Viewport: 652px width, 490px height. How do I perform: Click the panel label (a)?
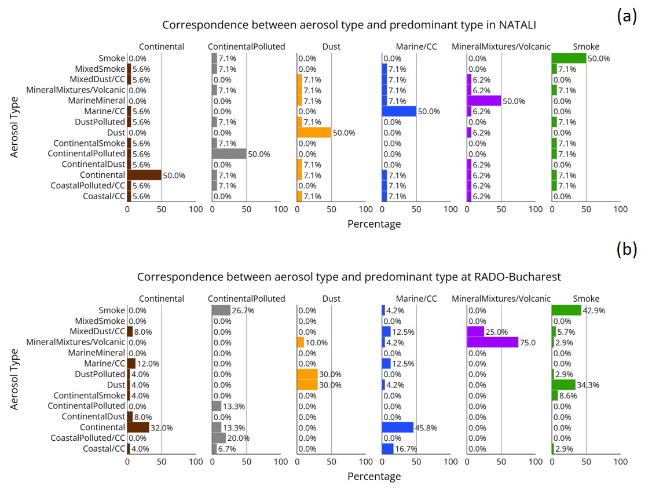pos(627,17)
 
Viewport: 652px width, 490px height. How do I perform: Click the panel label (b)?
pos(627,249)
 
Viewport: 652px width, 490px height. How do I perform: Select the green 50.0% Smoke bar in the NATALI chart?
pos(569,58)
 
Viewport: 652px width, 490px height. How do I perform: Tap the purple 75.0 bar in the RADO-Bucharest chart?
pos(492,342)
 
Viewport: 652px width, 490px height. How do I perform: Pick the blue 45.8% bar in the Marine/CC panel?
pos(397,427)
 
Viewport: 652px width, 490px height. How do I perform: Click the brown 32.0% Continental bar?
pos(138,427)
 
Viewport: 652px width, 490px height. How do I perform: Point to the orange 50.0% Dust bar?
pos(314,133)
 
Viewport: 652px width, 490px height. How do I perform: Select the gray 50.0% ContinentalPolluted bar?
pos(229,153)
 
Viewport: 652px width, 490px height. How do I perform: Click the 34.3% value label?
pos(588,385)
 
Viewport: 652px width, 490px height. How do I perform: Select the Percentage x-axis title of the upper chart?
pos(374,224)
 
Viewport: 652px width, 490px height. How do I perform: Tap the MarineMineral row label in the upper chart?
pos(96,101)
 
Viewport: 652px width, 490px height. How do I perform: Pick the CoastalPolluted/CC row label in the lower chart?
pos(87,438)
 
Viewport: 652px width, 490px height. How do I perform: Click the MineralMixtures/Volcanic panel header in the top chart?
pos(501,46)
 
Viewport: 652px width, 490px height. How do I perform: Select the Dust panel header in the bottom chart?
pos(331,299)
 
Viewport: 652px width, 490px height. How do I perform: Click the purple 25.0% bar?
pos(475,331)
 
